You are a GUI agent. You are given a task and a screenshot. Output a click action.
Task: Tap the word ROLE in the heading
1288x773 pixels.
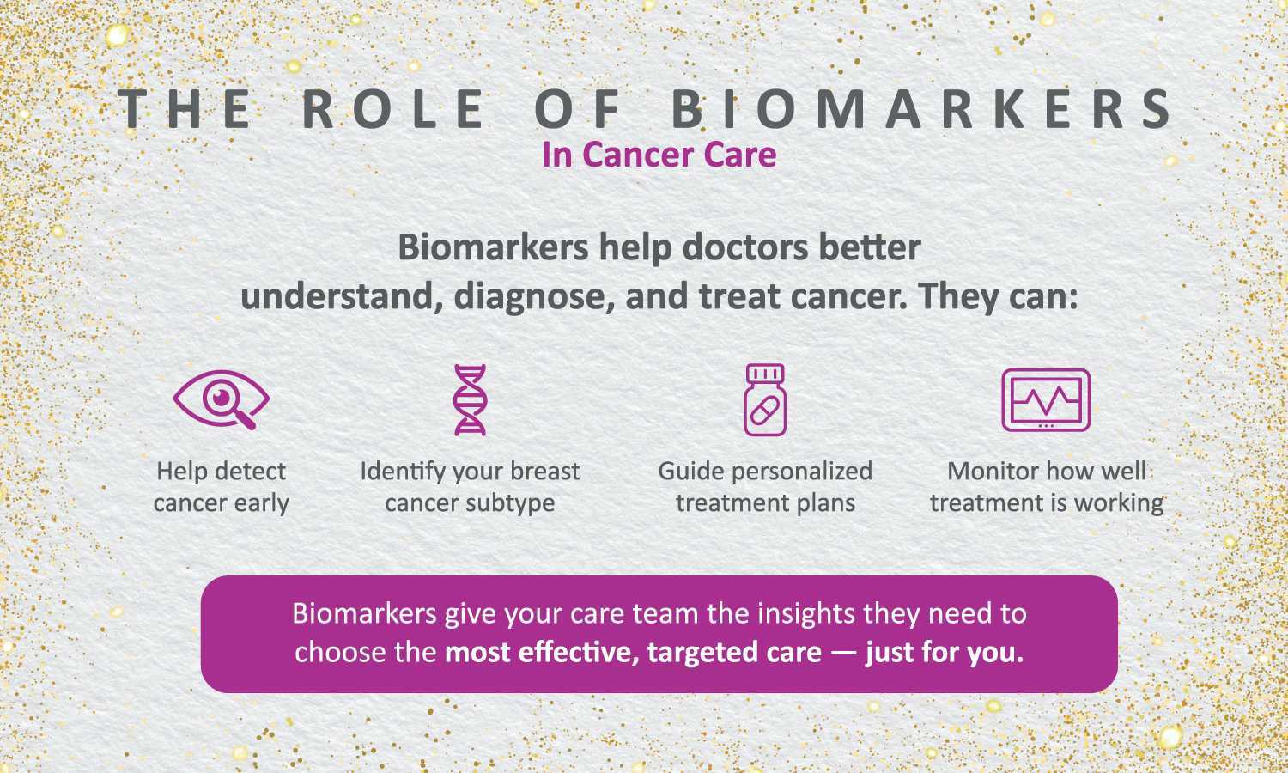(393, 109)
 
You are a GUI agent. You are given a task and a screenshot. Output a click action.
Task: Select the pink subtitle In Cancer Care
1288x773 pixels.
(659, 155)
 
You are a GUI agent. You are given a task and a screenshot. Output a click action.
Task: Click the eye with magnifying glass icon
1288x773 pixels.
(222, 399)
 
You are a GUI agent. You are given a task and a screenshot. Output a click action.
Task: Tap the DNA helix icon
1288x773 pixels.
(471, 399)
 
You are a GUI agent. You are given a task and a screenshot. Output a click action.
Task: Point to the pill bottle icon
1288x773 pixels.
(765, 399)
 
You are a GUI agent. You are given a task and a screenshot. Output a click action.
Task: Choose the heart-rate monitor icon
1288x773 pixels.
(1046, 399)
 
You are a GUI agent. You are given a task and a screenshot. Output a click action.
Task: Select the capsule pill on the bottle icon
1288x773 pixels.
(765, 411)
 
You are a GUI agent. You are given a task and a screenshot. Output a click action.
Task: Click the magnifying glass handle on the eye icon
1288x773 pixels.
(246, 421)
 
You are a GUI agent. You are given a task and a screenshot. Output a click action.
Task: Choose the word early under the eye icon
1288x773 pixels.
(262, 504)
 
